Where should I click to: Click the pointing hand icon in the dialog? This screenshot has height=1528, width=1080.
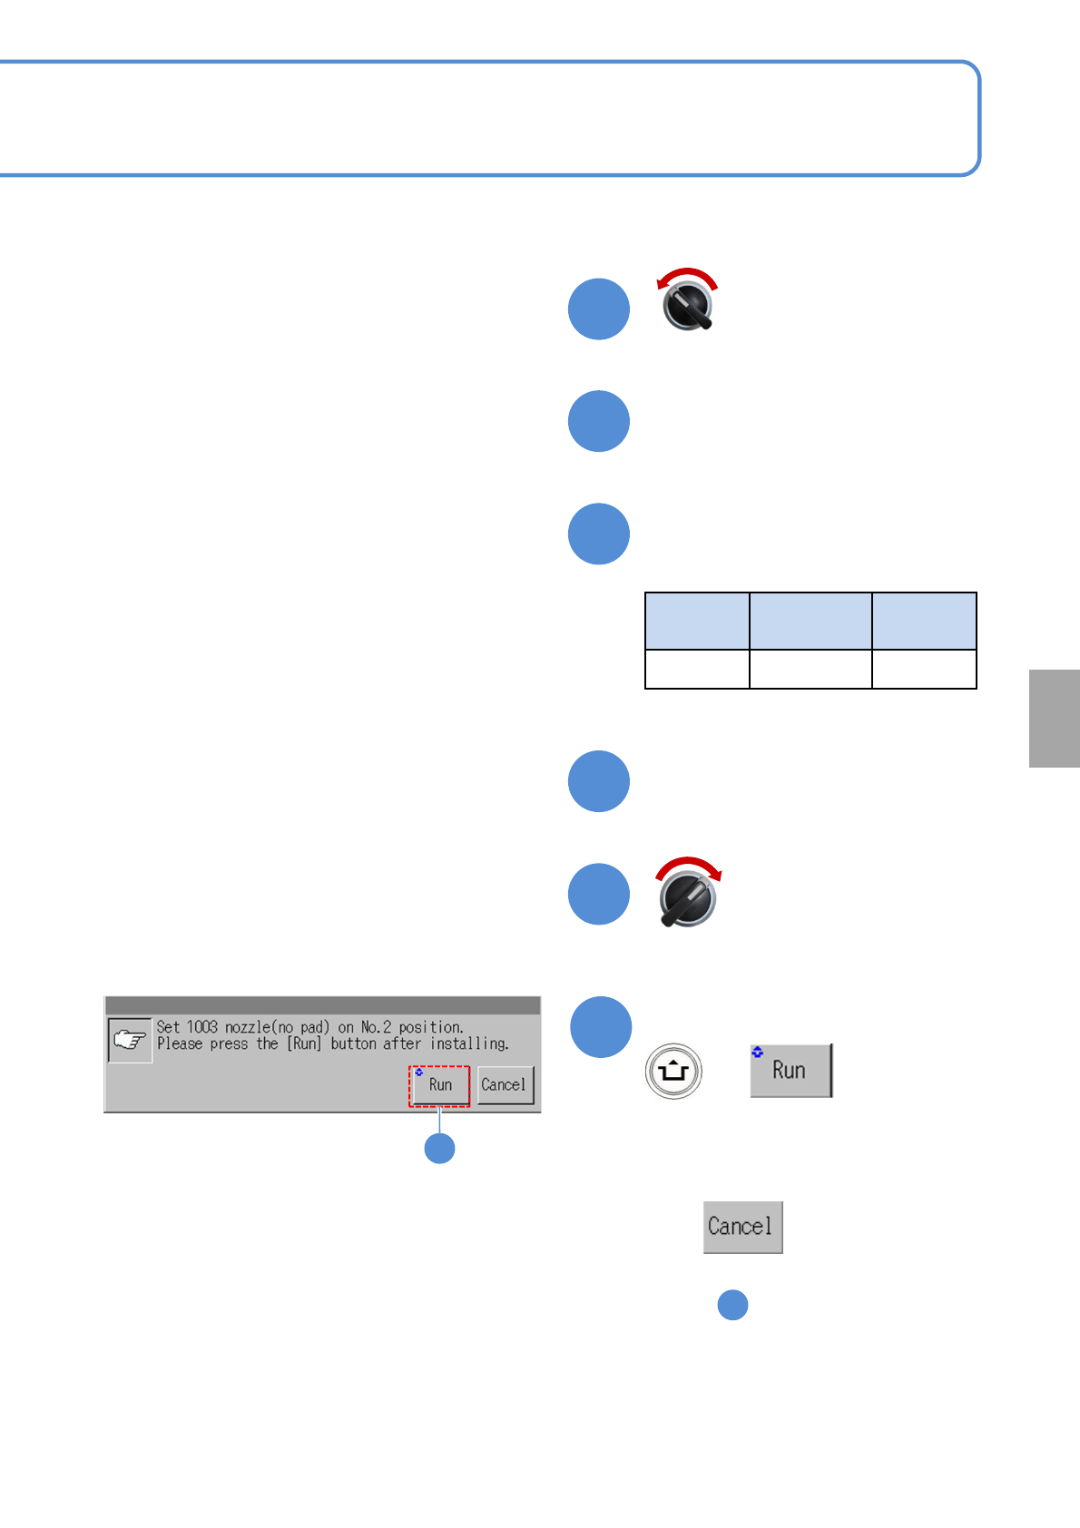click(130, 1039)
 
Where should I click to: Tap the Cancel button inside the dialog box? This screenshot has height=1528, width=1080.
click(505, 1084)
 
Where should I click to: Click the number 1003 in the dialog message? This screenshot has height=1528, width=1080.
click(202, 1027)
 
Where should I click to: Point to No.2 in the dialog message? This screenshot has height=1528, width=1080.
click(376, 1027)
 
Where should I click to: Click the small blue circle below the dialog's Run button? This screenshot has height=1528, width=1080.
click(440, 1149)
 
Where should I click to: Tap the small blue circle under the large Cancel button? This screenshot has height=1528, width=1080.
click(732, 1305)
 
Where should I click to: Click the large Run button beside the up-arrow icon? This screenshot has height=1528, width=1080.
click(790, 1071)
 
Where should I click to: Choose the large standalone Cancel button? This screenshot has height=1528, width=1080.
click(742, 1227)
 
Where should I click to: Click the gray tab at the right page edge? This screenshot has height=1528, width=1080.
click(1054, 719)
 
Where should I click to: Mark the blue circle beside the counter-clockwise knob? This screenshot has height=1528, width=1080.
click(599, 309)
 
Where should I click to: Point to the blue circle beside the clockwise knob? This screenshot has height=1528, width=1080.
click(599, 894)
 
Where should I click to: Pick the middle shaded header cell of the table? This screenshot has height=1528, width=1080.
click(810, 621)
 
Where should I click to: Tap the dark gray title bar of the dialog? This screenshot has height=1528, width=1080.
click(322, 1005)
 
